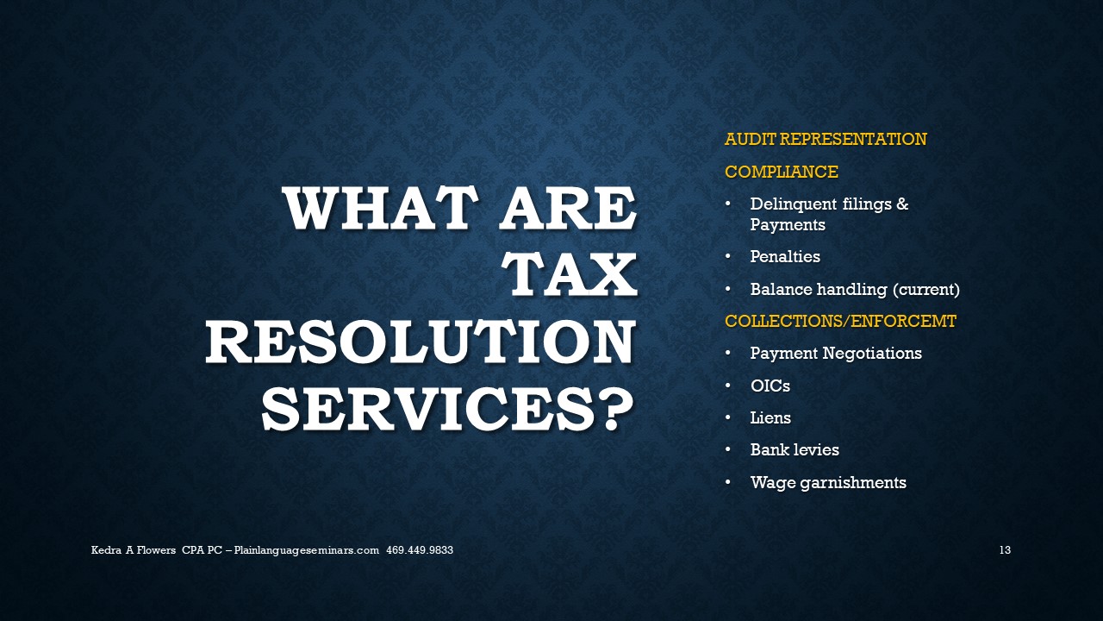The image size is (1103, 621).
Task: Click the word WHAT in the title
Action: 382,209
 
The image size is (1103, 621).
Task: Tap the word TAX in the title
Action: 569,275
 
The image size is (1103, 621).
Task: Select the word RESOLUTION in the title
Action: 420,342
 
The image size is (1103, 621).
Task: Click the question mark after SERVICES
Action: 619,409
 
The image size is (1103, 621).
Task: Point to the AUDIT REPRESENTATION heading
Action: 826,139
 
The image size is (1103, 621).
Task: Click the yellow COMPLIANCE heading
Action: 782,172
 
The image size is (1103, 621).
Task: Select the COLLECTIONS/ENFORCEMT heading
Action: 840,321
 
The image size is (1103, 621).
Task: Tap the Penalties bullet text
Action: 785,256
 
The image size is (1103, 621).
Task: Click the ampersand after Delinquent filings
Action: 902,204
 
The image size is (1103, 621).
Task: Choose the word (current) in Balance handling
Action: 926,289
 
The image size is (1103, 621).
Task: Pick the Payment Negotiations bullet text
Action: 836,354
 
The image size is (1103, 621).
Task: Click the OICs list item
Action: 770,386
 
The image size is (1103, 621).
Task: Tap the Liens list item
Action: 770,418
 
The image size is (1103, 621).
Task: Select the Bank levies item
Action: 795,449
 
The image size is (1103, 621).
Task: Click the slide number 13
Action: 1005,550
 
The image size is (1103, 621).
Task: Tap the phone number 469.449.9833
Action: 420,550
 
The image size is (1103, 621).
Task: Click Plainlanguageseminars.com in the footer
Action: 306,550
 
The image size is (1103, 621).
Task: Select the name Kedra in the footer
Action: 106,550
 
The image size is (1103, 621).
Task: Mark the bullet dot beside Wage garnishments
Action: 728,482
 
